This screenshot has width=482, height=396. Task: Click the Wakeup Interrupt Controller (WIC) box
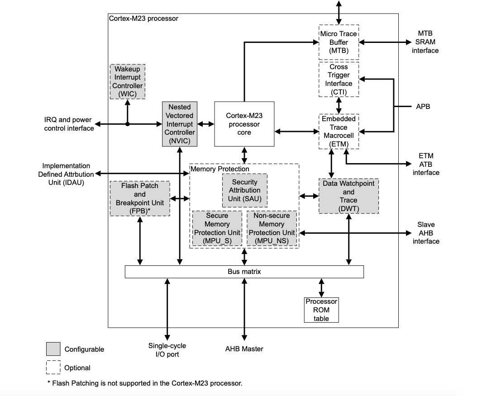[x=127, y=81]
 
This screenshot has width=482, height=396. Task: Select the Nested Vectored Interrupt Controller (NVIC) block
[x=180, y=124]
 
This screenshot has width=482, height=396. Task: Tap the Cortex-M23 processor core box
[x=244, y=124]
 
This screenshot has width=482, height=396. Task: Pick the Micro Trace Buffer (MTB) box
[x=339, y=42]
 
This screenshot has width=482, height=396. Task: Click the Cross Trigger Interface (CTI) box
[x=339, y=79]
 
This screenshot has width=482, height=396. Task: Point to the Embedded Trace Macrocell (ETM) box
[x=339, y=131]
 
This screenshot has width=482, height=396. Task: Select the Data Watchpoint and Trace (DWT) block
[x=348, y=196]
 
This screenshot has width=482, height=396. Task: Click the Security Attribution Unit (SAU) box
[x=244, y=190]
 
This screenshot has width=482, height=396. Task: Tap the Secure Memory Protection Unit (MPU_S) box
[x=217, y=228]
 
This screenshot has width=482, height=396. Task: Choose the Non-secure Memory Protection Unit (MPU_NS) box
[x=272, y=228]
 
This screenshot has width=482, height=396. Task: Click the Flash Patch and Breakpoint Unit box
[x=140, y=198]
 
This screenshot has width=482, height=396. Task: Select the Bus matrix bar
[x=244, y=272]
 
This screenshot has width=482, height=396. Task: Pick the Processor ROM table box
[x=321, y=310]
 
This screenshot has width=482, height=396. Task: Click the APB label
[x=423, y=107]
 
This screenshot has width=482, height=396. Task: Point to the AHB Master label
[x=244, y=349]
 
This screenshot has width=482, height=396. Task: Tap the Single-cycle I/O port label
[x=167, y=350]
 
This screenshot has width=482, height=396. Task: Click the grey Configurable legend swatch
[x=53, y=349]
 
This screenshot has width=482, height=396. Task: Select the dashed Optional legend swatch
[x=53, y=368]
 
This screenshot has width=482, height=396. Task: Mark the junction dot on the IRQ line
[x=127, y=124]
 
